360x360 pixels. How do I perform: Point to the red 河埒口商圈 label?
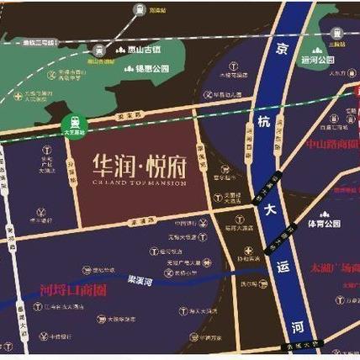[x=73, y=292]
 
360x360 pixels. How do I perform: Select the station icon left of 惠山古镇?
[x=99, y=49]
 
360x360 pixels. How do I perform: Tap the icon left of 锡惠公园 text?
[x=130, y=68]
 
